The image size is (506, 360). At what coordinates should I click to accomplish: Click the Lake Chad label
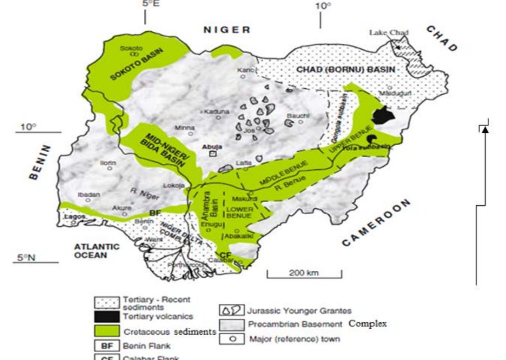click(389, 33)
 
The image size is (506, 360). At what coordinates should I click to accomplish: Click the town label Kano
click(244, 70)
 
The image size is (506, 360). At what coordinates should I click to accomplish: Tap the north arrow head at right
click(484, 130)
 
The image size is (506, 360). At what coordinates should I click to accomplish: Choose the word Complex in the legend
click(368, 324)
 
